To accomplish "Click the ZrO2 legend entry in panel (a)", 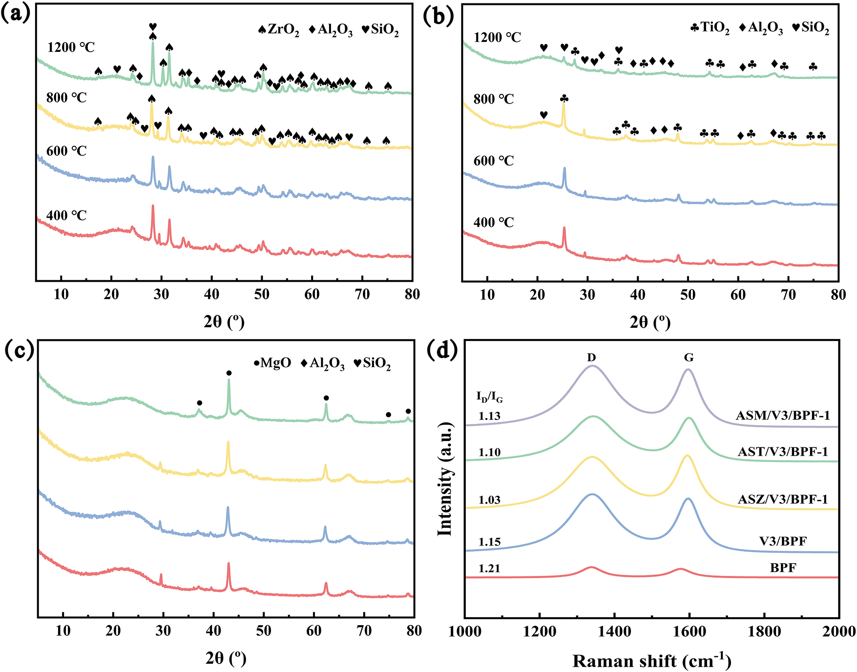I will coord(279,30).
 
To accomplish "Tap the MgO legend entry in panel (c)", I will coord(272,363).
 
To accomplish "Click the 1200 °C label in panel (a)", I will coord(71,47).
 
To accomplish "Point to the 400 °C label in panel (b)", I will coord(494,223).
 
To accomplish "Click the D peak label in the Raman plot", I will coord(591,357).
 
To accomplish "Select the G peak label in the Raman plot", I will coord(689,357).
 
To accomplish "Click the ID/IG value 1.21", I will coord(489,568).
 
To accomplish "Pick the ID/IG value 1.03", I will coord(489,500).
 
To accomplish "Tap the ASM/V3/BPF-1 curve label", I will coord(783,416).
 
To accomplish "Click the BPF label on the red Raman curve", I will coord(783,568).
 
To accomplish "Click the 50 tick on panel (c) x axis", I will coord(264,630).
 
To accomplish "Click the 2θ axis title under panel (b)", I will coord(650,322).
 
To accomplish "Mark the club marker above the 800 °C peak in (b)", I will coord(564,99).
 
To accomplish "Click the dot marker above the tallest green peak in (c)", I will coord(229,374).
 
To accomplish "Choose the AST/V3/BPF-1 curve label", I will coord(783,452).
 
